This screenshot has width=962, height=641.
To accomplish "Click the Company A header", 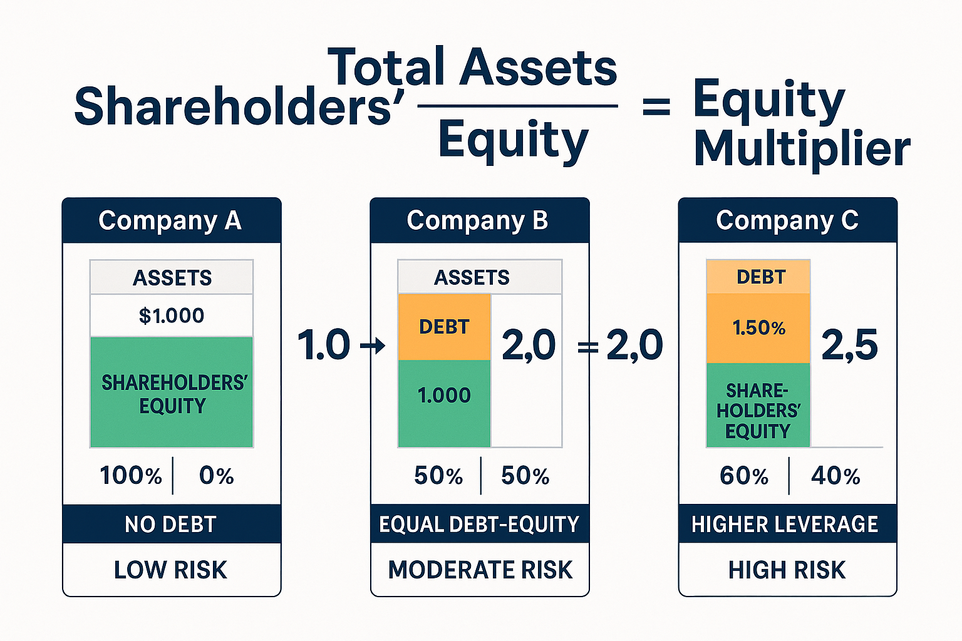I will tap(170, 221).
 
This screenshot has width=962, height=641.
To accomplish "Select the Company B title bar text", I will tap(477, 221).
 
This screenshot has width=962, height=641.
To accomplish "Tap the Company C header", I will tap(787, 221).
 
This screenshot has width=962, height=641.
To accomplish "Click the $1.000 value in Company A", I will tap(172, 315).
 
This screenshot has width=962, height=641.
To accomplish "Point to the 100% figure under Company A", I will tap(131, 476).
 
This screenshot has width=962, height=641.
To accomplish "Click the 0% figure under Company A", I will tap(216, 476).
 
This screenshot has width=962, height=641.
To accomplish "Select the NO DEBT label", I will tap(170, 524).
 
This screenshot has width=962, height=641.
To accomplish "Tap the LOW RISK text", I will tap(170, 570).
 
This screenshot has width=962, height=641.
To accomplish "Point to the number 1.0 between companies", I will tap(323, 345).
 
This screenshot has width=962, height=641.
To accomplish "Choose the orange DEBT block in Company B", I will tap(444, 327).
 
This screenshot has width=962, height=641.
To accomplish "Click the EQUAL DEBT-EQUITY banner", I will tap(479, 524).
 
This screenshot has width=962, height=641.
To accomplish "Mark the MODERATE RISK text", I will tap(480, 570).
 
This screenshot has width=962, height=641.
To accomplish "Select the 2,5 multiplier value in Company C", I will tap(849, 345).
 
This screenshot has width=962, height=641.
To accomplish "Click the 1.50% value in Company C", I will tap(758, 328).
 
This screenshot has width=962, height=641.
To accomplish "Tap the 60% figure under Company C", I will tap(743, 476).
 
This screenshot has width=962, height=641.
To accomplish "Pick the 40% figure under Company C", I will tap(835, 476).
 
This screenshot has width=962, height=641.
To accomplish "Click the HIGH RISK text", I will tap(787, 570).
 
